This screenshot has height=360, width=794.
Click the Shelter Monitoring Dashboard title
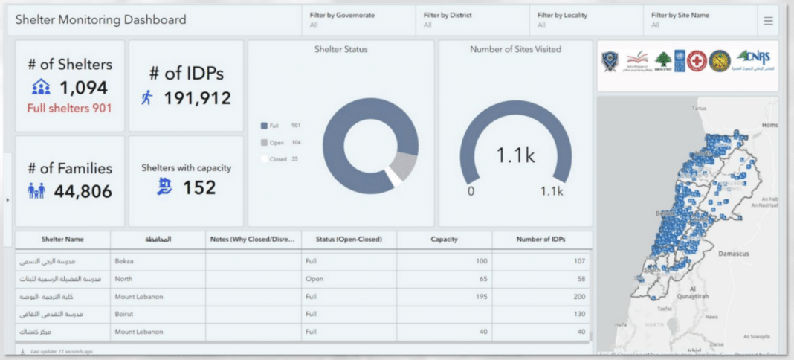(101, 20)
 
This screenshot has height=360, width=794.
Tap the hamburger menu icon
(768, 21)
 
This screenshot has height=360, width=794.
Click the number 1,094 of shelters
(83, 88)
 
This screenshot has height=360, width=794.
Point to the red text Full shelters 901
(69, 109)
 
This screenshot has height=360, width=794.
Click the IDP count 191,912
(197, 98)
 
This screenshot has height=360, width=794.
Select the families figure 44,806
(83, 192)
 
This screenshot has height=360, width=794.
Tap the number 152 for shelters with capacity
(200, 187)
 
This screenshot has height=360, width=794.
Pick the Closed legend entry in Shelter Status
(277, 159)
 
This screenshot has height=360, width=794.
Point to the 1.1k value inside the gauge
(515, 155)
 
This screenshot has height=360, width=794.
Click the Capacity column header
(444, 240)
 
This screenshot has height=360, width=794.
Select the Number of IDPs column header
(541, 240)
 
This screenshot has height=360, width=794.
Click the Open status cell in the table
(314, 279)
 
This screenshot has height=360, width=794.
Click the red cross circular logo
(696, 60)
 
